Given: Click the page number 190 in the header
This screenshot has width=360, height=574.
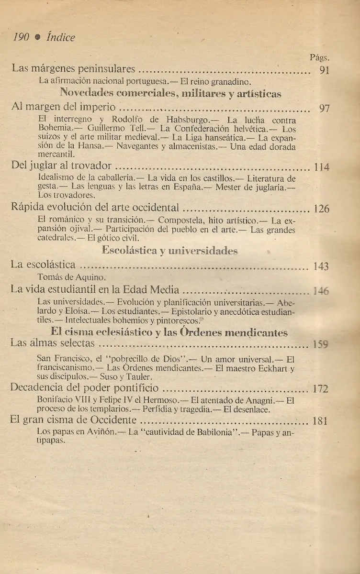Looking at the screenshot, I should pos(22,37).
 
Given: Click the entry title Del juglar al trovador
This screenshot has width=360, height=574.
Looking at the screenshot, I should pos(61,166).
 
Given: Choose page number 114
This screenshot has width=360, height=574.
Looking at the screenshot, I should pos(321,167).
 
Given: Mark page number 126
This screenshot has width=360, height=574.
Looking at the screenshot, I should pos(321,209).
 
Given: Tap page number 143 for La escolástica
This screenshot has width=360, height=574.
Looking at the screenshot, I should pos(321,266).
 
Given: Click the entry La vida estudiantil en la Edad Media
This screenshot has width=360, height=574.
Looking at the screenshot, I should pos(95,289).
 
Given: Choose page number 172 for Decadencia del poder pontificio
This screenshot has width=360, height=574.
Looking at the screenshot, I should pos(320,388).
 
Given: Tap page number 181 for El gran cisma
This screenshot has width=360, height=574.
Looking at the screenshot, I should pos(320,421).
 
